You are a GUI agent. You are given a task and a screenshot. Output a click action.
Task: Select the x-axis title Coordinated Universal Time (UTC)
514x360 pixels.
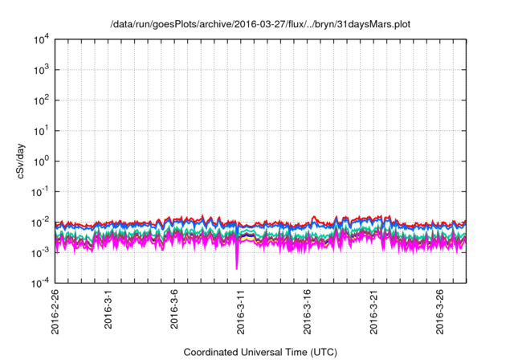(x=260, y=352)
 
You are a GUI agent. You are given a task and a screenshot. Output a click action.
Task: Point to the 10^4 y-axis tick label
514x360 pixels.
(x=41, y=39)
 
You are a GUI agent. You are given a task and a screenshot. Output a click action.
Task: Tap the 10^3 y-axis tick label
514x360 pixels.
(x=41, y=70)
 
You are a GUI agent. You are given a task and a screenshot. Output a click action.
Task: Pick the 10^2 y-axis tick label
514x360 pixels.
(x=41, y=100)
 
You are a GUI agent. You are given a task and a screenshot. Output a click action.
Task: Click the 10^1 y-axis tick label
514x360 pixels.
(x=41, y=130)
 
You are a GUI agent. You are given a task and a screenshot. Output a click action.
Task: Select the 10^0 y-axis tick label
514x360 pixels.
(x=41, y=161)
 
